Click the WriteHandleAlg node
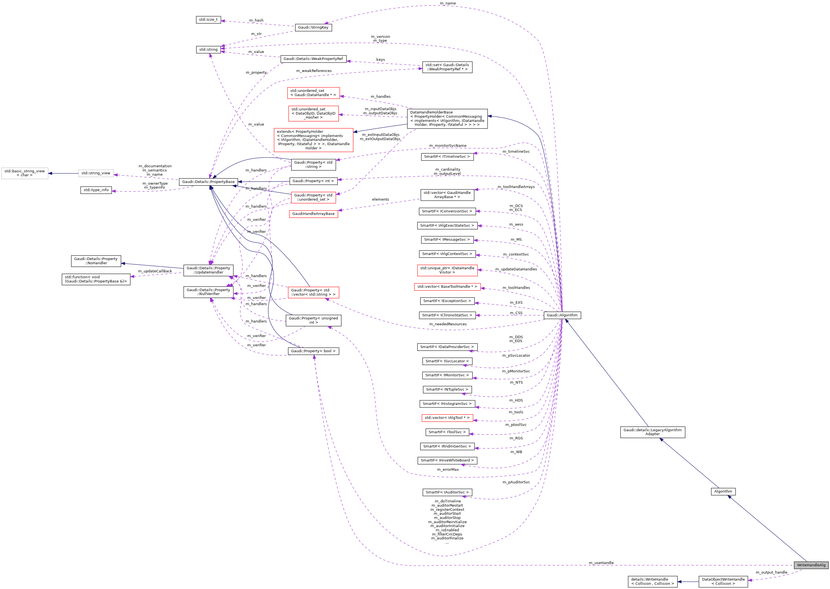811,565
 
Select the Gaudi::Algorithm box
562,315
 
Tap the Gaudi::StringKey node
313,27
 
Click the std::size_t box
208,20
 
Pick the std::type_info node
96,190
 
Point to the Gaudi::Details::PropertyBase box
208,182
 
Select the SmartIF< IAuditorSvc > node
447,492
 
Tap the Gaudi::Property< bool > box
313,351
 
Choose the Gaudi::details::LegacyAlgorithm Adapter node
652,432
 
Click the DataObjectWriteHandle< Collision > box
723,581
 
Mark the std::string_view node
96,173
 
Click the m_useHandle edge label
601,563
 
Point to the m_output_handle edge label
771,572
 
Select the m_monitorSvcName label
447,146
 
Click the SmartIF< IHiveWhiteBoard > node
447,460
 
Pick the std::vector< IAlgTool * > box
447,418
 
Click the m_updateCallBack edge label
155,271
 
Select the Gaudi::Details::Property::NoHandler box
96,261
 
